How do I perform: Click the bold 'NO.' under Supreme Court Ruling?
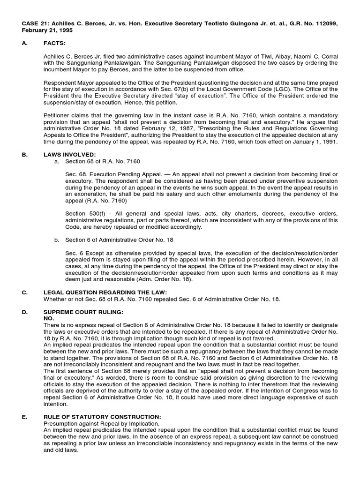point(49,318)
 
